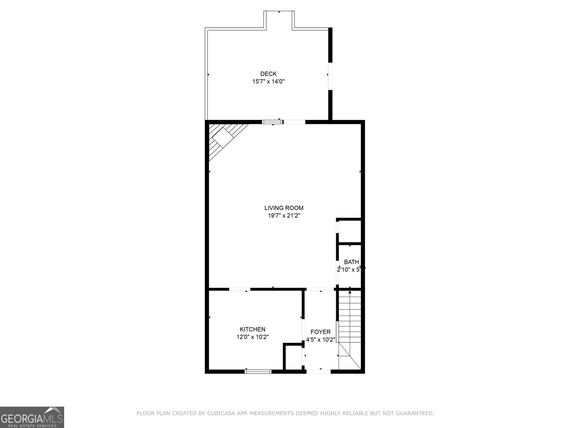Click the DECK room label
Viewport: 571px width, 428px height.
268,74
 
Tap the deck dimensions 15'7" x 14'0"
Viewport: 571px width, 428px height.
268,82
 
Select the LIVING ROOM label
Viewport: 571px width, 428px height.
284,208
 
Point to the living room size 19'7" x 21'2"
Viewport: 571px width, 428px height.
284,216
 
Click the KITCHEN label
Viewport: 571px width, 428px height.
252,330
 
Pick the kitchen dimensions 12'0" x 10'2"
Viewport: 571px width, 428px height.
252,337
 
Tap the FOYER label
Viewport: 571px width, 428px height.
320,332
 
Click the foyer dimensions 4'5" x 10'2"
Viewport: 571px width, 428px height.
320,340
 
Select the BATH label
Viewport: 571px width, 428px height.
352,262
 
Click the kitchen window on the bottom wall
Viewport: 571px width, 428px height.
258,371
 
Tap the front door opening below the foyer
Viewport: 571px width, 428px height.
319,371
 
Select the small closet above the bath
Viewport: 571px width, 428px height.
349,231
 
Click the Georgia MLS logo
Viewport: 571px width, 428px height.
32,417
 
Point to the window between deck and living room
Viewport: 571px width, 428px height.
273,122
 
